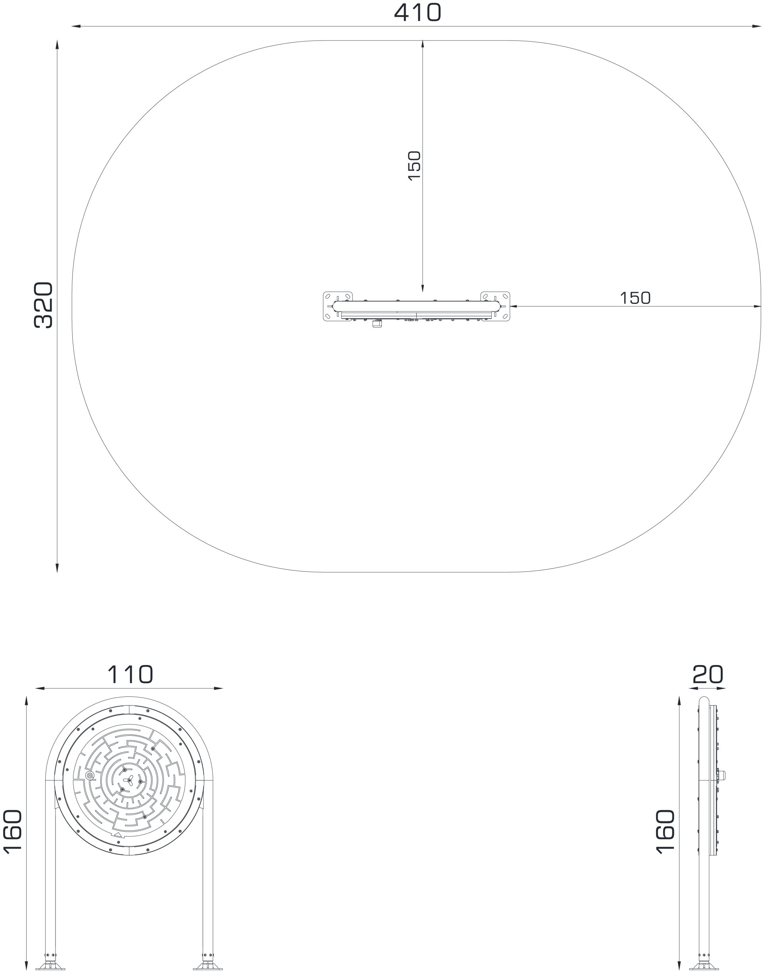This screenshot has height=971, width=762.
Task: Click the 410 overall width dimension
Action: [418, 12]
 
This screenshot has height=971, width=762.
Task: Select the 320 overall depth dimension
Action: [44, 306]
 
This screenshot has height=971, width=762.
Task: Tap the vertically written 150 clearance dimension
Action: [414, 165]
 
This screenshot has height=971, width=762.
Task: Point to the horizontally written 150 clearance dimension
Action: [635, 298]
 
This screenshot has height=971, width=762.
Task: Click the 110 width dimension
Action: [130, 675]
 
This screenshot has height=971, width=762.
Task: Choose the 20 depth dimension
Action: [708, 675]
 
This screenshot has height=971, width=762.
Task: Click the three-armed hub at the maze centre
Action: [129, 781]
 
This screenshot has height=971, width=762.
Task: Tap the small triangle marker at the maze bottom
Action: [117, 834]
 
